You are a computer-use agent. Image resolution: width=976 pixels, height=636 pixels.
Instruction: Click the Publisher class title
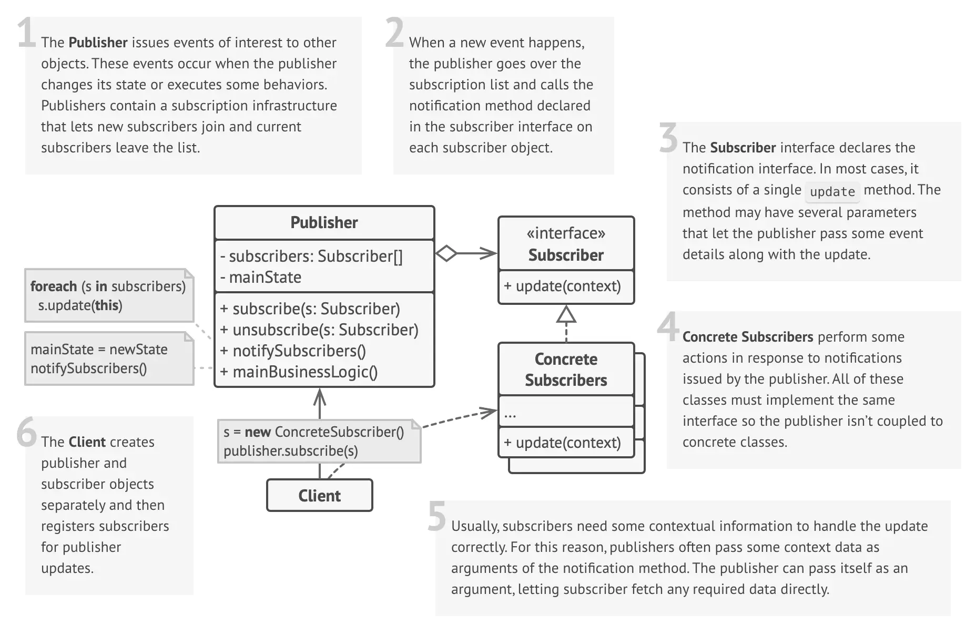click(324, 222)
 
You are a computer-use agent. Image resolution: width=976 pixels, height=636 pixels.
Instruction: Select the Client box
click(320, 495)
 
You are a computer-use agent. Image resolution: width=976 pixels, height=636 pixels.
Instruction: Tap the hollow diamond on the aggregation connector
click(446, 253)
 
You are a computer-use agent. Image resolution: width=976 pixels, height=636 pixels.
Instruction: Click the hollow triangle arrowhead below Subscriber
click(566, 314)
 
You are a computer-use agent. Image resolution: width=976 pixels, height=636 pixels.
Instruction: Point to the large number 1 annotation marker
click(26, 32)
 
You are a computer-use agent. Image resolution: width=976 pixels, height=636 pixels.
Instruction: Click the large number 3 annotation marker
click(668, 138)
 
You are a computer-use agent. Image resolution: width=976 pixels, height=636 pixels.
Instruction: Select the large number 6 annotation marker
click(26, 432)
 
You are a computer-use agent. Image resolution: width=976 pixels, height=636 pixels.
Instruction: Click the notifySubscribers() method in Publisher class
click(293, 351)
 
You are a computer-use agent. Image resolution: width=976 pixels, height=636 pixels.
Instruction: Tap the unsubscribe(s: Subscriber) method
click(319, 330)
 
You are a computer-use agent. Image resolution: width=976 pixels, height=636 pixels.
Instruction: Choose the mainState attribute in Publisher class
click(261, 277)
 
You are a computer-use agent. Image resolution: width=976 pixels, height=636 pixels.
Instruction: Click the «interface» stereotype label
click(566, 233)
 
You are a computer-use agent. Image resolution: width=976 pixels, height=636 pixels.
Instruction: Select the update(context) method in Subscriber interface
click(562, 286)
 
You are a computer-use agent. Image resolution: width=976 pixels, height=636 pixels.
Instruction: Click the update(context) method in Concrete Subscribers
click(562, 443)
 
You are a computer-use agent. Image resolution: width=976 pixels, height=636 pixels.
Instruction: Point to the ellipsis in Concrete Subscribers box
click(510, 415)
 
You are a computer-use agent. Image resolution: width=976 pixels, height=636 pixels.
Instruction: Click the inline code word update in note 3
click(832, 191)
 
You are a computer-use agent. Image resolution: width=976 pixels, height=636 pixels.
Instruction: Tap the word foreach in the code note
click(54, 286)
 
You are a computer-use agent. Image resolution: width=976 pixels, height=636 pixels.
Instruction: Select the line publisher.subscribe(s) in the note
click(291, 451)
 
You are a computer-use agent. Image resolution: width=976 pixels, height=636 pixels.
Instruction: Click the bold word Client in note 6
click(87, 442)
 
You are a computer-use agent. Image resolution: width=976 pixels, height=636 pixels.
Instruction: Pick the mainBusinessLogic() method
click(299, 372)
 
